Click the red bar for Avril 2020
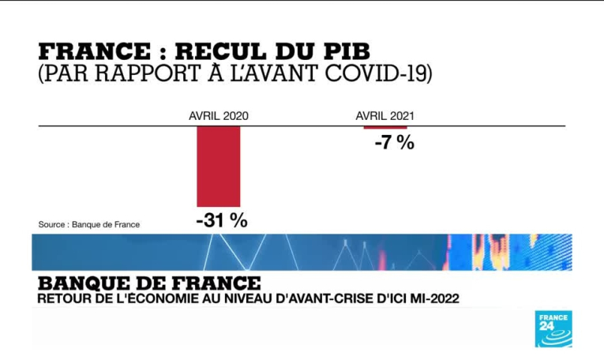click(x=219, y=166)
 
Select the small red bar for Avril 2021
click(x=385, y=127)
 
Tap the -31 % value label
click(x=221, y=220)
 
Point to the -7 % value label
click(x=394, y=143)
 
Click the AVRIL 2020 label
click(x=219, y=115)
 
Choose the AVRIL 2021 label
click(x=385, y=115)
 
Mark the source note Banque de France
click(x=89, y=224)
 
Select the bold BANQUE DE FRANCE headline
click(x=149, y=282)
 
